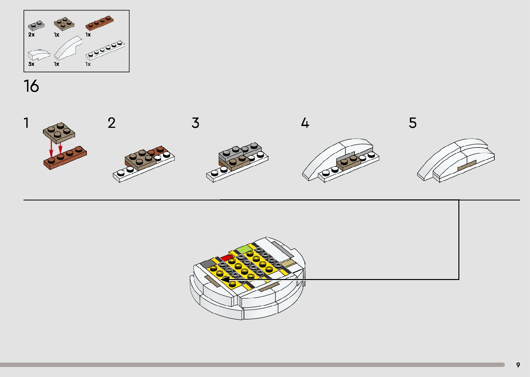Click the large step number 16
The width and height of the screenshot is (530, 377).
31,86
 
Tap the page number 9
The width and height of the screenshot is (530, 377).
518,365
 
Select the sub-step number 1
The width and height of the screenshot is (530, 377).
26,123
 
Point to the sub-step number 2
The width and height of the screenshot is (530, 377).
111,123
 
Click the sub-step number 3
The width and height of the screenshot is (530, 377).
196,123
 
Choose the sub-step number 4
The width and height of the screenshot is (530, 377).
305,123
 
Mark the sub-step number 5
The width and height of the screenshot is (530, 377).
413,123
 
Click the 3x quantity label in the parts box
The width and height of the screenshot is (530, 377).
31,64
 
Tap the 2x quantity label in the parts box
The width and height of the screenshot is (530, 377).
31,35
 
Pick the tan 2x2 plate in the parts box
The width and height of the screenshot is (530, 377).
64,24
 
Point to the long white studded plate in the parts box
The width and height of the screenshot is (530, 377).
105,50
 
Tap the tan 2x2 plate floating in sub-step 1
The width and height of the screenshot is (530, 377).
59,132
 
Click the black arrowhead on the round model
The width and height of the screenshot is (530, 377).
225,279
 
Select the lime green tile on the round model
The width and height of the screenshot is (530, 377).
244,249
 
